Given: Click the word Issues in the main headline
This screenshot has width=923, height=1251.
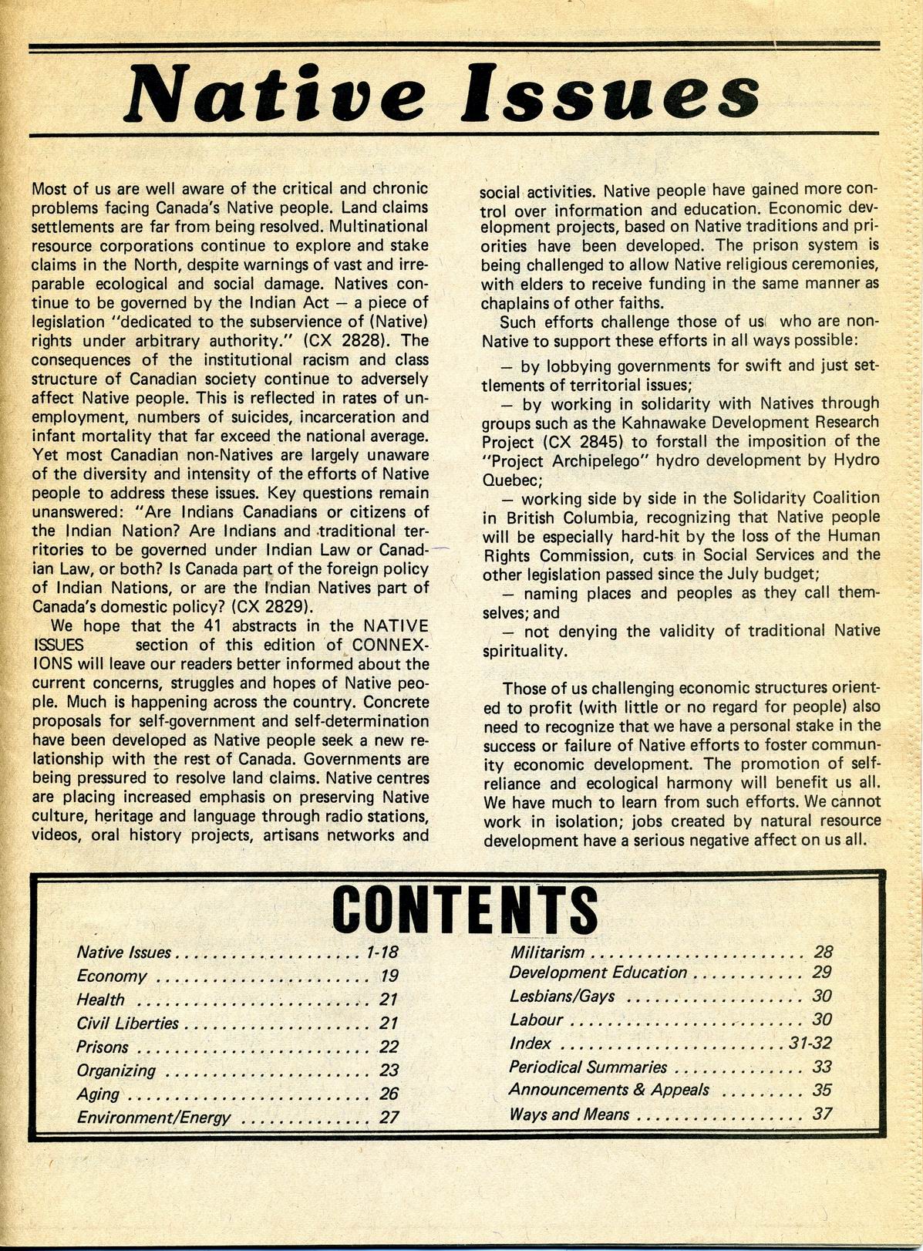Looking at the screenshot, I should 618,93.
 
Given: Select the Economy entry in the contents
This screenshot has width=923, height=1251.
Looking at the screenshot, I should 112,976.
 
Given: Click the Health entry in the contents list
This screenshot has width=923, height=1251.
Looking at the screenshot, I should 100,1000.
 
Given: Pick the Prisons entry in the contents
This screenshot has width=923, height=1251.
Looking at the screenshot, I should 103,1047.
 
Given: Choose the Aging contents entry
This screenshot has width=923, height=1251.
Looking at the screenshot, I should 98,1094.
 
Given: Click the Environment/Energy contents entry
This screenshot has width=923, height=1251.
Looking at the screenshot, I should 153,1118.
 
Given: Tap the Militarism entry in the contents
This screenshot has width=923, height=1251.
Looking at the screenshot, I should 547,953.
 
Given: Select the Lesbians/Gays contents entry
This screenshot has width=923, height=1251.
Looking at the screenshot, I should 562,996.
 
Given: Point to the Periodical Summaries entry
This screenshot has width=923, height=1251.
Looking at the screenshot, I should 588,1067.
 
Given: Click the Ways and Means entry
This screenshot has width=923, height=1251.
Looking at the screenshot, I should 569,1114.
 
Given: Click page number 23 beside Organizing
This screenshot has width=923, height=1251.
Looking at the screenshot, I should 389,1071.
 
